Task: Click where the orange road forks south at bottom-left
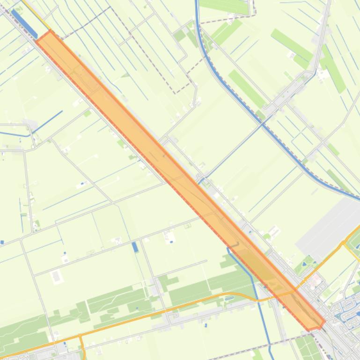point(81,336)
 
